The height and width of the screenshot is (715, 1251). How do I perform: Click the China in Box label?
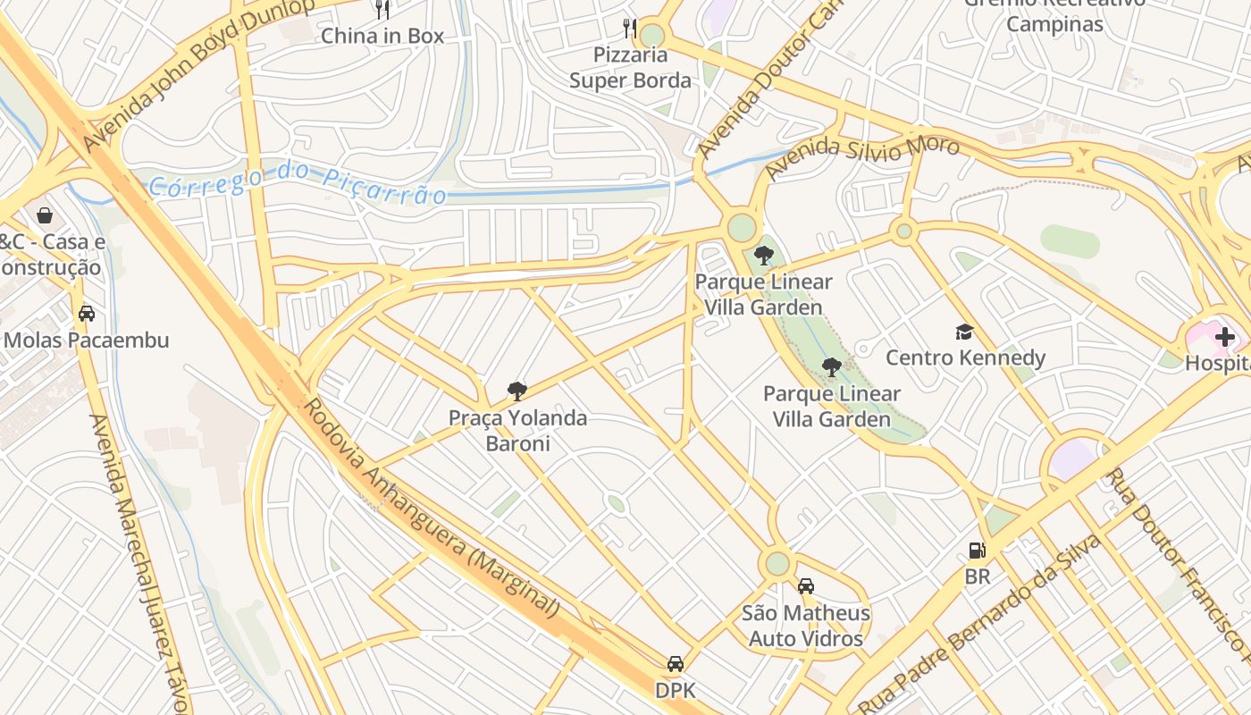[382, 36]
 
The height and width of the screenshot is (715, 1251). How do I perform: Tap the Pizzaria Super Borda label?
[630, 68]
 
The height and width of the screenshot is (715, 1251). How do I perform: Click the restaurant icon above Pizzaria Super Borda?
[630, 28]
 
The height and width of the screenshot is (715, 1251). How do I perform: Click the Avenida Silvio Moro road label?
[861, 154]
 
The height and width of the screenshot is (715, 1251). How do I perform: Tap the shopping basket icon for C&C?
[44, 215]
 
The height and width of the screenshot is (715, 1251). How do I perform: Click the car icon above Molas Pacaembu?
[87, 314]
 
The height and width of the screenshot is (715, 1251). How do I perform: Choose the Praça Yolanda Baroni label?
[517, 431]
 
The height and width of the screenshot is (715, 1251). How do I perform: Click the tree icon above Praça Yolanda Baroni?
[516, 391]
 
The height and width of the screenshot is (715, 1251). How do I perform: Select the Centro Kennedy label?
[965, 358]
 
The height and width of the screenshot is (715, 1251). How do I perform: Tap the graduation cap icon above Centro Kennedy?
[964, 332]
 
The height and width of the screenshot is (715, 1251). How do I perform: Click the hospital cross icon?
[1224, 338]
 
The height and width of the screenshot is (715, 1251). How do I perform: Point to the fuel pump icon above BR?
[977, 551]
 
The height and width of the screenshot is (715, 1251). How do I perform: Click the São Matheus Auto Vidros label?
[806, 626]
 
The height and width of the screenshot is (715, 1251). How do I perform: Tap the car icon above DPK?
[676, 664]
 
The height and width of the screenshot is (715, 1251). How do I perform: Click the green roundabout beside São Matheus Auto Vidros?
[777, 564]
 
